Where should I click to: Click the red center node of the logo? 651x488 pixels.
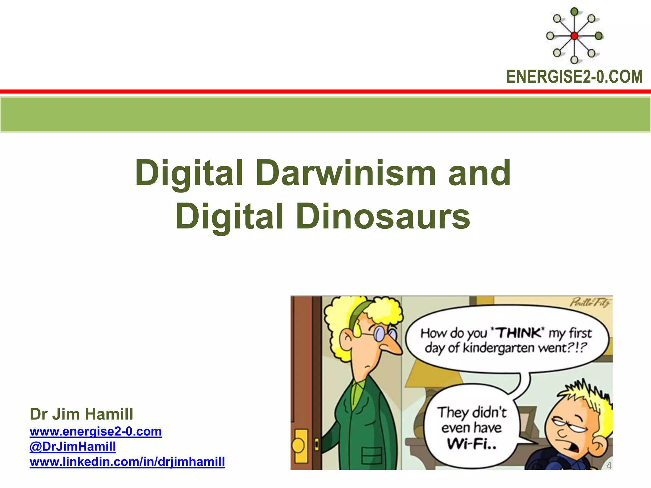point(574,36)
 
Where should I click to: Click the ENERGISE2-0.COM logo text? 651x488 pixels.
point(574,77)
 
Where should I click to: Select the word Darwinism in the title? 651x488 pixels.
point(346,173)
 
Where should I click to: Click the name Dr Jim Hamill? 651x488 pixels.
point(81,414)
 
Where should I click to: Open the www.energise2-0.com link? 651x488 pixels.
point(96,431)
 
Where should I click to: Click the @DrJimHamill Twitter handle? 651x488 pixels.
point(73,447)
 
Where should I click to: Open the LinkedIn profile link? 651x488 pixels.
point(127,462)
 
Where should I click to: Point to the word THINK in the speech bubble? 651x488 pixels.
point(518,333)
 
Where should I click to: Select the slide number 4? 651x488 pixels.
point(609,466)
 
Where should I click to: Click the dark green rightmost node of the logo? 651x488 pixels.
point(599,36)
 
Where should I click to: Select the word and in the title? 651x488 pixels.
point(479,173)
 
